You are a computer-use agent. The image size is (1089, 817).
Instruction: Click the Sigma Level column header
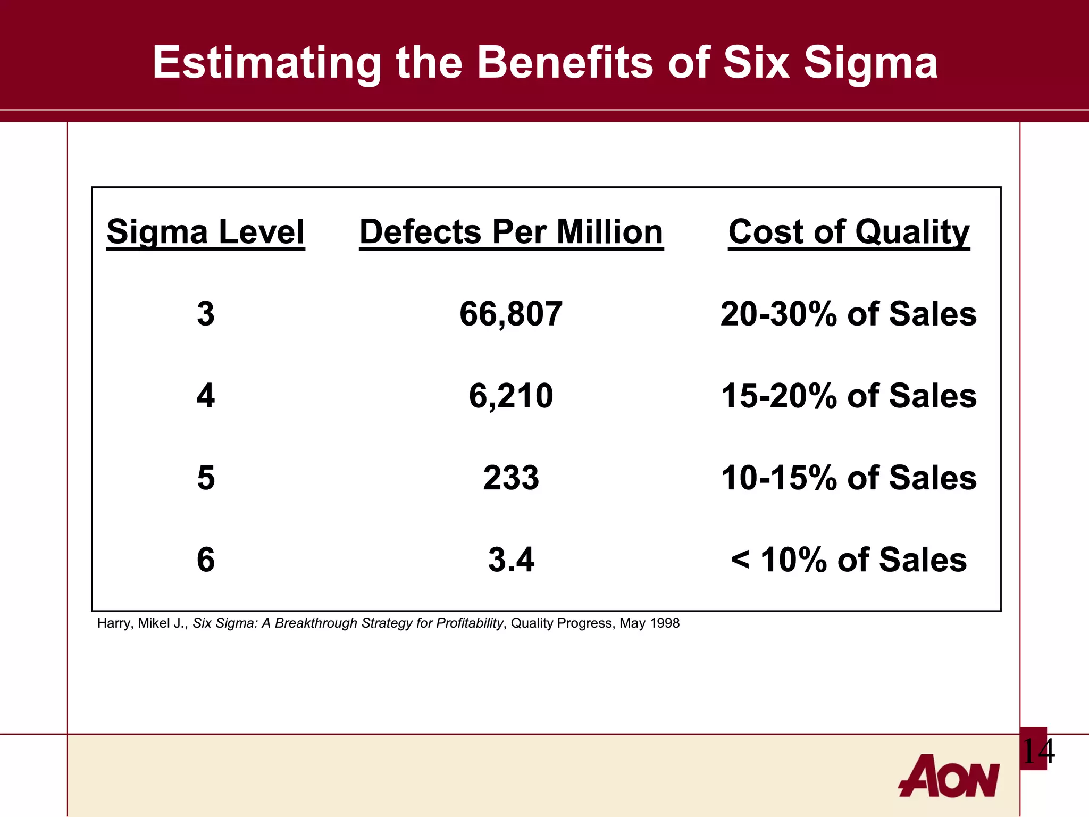click(205, 232)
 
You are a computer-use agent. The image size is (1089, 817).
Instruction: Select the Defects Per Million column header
click(511, 232)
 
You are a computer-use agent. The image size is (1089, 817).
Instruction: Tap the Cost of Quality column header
click(849, 232)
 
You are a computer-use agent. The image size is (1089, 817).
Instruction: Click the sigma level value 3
click(206, 314)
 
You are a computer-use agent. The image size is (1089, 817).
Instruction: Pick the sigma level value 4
click(206, 396)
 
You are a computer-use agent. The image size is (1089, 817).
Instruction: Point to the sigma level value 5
click(206, 478)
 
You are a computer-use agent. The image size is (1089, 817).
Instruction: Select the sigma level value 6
click(206, 560)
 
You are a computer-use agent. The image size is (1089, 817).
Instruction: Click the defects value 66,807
click(510, 314)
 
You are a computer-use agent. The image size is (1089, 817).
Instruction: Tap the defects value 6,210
click(510, 396)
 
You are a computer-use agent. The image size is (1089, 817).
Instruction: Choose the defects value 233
click(510, 478)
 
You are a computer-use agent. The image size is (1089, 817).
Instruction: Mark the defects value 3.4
click(510, 560)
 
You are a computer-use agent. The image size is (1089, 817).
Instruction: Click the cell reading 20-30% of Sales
click(848, 314)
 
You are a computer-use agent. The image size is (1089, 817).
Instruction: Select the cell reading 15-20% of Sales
click(848, 396)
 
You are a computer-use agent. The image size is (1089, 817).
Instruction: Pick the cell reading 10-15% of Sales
click(848, 478)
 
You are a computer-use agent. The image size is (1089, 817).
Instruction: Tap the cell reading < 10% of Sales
click(848, 560)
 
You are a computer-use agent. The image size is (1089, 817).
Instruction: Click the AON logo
click(949, 776)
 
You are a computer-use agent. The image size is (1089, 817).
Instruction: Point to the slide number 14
click(1037, 751)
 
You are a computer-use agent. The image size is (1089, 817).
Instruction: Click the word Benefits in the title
click(565, 62)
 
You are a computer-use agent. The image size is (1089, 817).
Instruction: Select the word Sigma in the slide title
click(870, 63)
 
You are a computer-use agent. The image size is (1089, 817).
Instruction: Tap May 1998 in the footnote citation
click(649, 623)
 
